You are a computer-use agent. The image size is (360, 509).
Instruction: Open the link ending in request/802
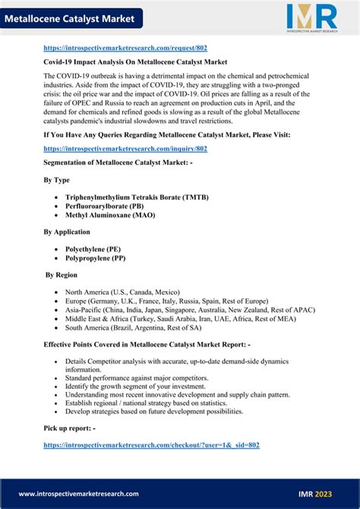pyautogui.click(x=125, y=47)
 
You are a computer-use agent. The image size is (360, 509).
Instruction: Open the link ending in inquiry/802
pyautogui.click(x=125, y=149)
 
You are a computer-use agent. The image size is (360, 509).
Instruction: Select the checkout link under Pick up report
pyautogui.click(x=152, y=444)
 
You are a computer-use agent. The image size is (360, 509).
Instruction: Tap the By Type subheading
pyautogui.click(x=57, y=180)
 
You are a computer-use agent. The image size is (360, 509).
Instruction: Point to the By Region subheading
pyautogui.click(x=62, y=274)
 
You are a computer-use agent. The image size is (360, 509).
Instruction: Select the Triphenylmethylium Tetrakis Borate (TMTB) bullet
pyautogui.click(x=137, y=197)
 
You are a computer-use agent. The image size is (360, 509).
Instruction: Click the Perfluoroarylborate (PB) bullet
pyautogui.click(x=105, y=206)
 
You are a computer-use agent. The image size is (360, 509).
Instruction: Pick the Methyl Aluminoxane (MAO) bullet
pyautogui.click(x=111, y=215)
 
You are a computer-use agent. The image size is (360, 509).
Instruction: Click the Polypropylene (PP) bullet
pyautogui.click(x=96, y=258)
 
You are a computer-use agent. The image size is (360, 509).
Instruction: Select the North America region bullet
pyautogui.click(x=122, y=292)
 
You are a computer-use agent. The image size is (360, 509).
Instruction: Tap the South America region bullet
pyautogui.click(x=133, y=327)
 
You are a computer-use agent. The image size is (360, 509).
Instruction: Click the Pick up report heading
pyautogui.click(x=70, y=428)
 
